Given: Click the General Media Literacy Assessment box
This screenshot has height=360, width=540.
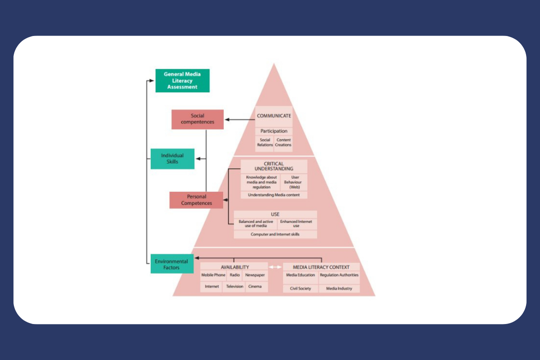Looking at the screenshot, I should coord(182,81).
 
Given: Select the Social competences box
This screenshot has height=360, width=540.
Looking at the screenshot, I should coord(198,119).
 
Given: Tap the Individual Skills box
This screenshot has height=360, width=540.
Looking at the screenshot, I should coord(172,159).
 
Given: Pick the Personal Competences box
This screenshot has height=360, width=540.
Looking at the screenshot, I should coord(196,200).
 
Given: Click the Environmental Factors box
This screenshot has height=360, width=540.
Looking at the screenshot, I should coord(172,264).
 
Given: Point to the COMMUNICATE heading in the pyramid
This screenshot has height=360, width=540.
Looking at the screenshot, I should coord(274,116).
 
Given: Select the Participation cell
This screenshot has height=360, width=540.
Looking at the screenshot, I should coord(274,131).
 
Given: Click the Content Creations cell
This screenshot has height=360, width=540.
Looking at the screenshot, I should coord(283,143).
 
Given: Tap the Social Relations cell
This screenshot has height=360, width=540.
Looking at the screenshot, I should coord(265,143).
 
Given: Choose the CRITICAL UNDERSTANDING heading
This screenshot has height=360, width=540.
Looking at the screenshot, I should coord(274,166).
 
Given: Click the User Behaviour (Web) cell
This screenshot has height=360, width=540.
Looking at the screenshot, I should coord(295,182).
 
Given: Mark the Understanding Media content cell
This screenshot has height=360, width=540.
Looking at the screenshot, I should coord(274,195).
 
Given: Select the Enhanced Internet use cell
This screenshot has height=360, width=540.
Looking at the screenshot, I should coord(296,224).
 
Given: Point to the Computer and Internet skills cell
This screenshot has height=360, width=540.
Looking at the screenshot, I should coord(275,234).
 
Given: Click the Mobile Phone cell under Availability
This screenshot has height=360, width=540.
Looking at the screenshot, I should coord(213,275).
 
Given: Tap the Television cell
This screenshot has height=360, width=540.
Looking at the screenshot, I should coord(234,287).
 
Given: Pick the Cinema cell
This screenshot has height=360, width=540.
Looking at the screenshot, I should coord(255,287).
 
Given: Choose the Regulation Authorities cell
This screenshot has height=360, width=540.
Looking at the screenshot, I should coord(339,275).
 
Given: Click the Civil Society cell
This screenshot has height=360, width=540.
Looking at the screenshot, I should coord(300,288).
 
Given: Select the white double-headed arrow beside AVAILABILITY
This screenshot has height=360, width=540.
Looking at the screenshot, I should coord(275,267).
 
